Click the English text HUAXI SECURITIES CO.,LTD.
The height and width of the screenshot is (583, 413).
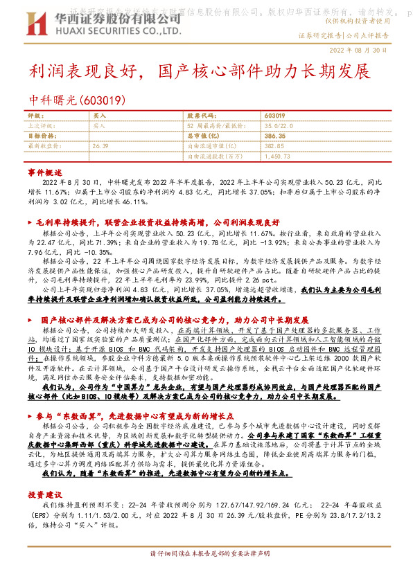102,31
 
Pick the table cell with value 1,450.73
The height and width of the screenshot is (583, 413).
277,157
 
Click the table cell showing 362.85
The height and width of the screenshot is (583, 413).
275,147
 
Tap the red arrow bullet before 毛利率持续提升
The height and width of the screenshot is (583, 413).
30,223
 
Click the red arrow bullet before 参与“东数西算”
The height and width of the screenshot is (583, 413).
30,417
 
